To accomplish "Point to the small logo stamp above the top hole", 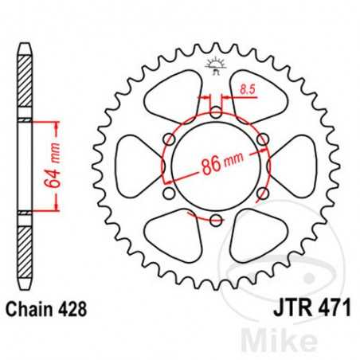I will coord(216,66).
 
